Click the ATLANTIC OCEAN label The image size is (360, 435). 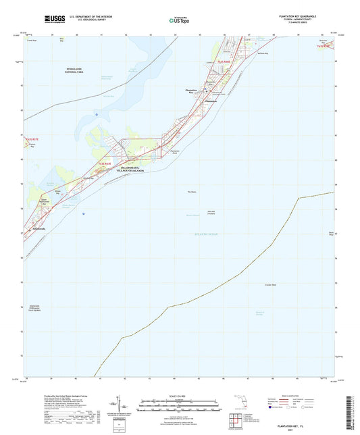coord(204,234)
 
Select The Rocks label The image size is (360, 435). coord(191,193)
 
